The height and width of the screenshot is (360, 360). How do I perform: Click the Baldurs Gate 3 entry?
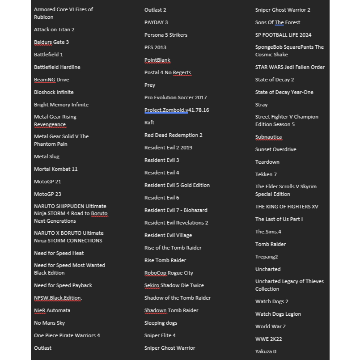coord(51,42)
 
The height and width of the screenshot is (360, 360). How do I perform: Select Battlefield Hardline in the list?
coord(57,67)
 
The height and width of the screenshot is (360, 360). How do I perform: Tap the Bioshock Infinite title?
coord(54,92)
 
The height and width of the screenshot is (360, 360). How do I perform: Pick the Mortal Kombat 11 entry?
coord(55,169)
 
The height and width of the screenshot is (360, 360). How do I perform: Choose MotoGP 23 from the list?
coord(47,194)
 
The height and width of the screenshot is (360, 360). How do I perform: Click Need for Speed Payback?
coord(63,285)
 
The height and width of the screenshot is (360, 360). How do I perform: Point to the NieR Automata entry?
coord(52,310)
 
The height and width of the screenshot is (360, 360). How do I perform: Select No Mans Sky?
coord(49,323)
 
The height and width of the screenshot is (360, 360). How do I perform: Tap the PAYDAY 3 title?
coord(156,22)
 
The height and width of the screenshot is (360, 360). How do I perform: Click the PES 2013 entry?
coord(155,47)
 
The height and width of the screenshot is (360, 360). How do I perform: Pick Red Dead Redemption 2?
coord(173,135)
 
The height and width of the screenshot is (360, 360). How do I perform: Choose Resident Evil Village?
coord(168,235)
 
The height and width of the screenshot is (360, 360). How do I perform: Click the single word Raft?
coord(149,123)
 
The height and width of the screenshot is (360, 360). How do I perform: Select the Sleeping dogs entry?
coord(161,323)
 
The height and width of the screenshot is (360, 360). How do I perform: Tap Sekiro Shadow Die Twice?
coord(174,285)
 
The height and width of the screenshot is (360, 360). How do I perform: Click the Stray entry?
coord(262,105)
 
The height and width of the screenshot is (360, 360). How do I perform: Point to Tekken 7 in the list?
coord(266,174)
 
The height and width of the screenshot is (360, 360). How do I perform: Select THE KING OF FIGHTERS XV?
coord(287,207)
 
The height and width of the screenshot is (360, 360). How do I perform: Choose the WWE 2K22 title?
coord(268,339)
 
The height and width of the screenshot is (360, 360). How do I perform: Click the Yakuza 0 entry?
coord(266,352)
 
